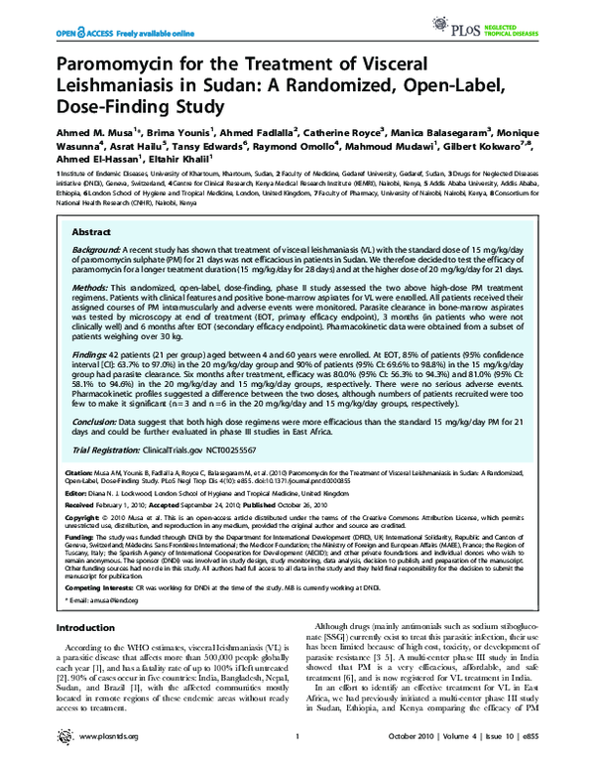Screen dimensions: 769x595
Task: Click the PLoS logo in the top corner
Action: click(520, 21)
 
